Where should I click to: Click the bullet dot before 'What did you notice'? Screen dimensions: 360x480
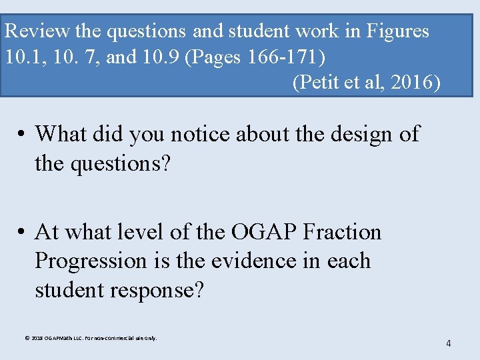tap(22, 135)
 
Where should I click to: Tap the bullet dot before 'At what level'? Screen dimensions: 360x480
tap(22, 233)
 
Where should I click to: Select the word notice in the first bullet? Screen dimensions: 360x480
tap(203, 134)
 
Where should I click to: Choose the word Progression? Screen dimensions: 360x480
tap(90, 260)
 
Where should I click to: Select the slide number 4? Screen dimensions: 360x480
tap(448, 343)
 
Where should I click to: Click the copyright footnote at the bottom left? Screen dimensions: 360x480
tap(91, 338)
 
